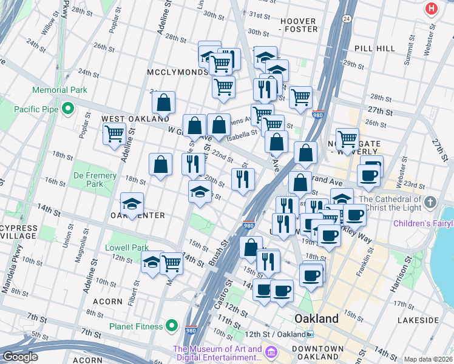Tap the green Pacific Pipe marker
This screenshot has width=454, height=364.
point(67,110)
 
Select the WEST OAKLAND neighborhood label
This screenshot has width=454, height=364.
point(126,119)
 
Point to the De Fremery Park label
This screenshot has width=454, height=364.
point(94,180)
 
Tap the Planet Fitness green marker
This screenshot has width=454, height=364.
point(172,326)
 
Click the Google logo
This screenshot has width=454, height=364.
point(20,357)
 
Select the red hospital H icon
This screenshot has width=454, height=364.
point(431,8)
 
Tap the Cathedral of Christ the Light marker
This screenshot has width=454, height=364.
point(430,201)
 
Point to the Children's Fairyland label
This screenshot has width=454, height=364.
point(423,224)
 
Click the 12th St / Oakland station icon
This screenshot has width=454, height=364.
point(310,334)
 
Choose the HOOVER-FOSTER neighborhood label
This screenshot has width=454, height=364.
point(299,25)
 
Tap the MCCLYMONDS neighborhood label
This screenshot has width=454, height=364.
point(177,72)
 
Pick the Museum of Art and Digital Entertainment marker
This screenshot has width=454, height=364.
point(271,352)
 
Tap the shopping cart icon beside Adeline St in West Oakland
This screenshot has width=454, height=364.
point(113,134)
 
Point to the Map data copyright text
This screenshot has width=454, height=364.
point(428,359)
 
